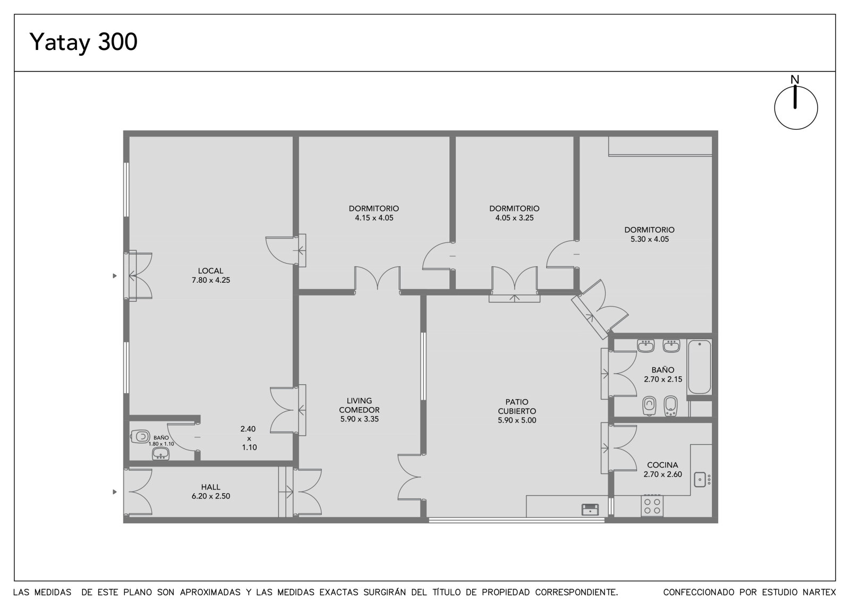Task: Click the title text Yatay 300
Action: (x=83, y=42)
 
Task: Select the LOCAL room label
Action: (x=210, y=270)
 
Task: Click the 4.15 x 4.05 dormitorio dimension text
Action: (x=374, y=218)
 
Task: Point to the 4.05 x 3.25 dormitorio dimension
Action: (x=514, y=218)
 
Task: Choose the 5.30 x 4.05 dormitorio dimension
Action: (x=650, y=239)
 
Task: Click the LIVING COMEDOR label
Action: (x=359, y=405)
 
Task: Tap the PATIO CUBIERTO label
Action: (x=517, y=406)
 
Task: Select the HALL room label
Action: (x=210, y=487)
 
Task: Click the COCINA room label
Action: (x=662, y=465)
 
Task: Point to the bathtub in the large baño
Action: (x=699, y=367)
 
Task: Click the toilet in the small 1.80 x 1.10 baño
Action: (x=140, y=436)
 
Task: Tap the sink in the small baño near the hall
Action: (x=160, y=453)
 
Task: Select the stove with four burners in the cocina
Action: (x=652, y=506)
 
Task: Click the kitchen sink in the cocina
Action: (x=700, y=479)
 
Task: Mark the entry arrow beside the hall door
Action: (x=115, y=492)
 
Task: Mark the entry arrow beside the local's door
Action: (x=115, y=276)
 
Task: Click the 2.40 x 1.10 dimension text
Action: (x=249, y=438)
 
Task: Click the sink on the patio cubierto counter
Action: (x=590, y=510)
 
